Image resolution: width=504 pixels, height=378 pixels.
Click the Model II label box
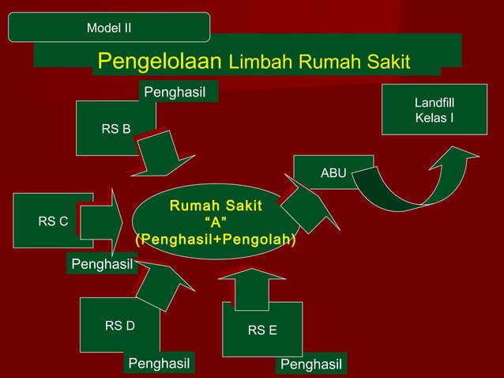point(109,28)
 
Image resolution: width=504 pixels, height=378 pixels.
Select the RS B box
point(115,128)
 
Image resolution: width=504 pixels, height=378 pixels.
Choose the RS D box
point(119,324)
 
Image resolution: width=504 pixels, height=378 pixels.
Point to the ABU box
point(333,172)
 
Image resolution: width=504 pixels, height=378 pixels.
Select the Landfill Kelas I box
point(434,112)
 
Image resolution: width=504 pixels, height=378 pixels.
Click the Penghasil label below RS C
point(102,263)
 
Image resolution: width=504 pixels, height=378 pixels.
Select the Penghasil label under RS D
point(160,363)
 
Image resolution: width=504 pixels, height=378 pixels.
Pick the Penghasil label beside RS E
point(311,364)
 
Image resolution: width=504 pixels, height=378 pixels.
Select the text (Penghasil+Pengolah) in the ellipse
point(216,239)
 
